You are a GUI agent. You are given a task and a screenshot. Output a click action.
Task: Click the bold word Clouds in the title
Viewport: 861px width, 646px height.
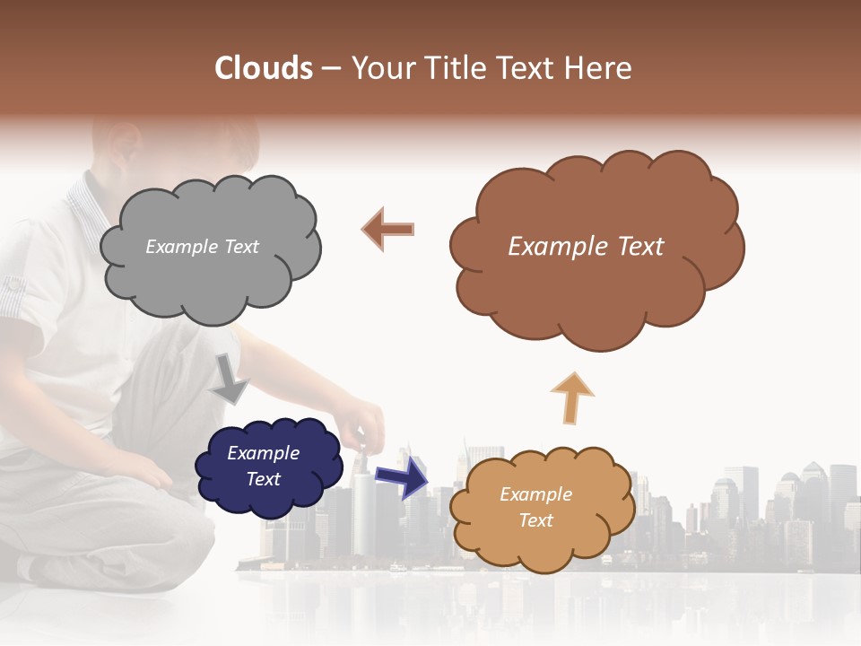coord(264,68)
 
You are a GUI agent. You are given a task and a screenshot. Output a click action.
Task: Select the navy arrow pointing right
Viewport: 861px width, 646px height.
coord(402,476)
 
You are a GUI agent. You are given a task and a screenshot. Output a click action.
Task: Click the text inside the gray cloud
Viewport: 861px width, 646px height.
coord(202,247)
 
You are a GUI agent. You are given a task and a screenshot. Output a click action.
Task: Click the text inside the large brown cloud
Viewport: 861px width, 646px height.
coord(586,247)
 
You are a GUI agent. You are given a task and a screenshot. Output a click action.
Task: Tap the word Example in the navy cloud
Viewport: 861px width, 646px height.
coord(263,453)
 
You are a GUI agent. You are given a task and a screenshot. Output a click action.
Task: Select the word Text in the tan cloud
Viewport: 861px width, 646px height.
coord(535,520)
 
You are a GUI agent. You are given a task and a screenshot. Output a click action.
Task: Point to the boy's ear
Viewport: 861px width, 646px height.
coord(121,144)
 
